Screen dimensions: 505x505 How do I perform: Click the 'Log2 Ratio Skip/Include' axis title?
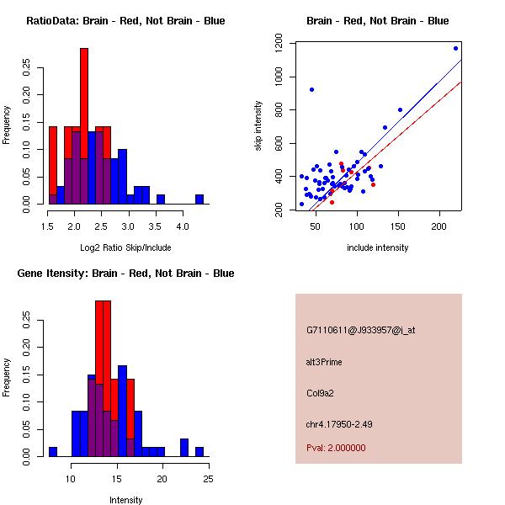click(125, 247)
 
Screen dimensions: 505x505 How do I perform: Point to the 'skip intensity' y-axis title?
click(259, 126)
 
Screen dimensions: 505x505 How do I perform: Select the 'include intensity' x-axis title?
click(378, 247)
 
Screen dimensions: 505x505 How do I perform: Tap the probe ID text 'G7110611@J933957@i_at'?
click(360, 330)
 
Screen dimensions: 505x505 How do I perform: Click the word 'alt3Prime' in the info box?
click(324, 362)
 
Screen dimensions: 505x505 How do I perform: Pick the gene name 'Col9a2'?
click(321, 392)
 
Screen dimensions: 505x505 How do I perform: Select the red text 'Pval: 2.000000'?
click(336, 449)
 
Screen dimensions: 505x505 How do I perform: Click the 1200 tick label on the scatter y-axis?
click(285, 43)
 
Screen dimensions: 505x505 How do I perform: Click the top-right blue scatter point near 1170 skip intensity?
click(455, 48)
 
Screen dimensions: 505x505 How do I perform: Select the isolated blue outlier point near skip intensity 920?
click(311, 89)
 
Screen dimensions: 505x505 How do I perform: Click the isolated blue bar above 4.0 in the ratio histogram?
click(199, 199)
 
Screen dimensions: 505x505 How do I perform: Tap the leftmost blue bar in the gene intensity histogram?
click(53, 451)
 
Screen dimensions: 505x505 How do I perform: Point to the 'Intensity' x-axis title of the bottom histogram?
click(125, 500)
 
